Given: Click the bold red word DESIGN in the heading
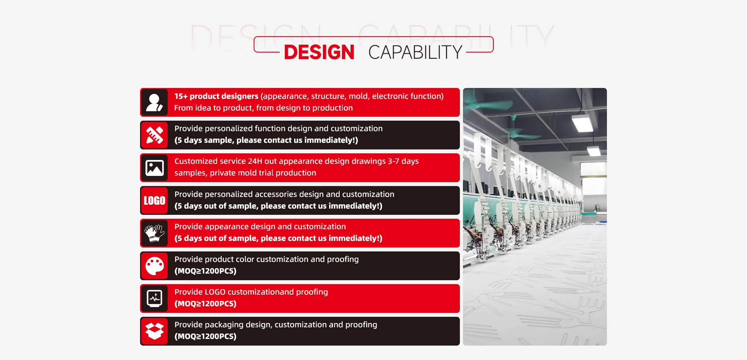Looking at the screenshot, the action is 319,52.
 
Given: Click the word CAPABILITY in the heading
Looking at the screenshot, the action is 415,52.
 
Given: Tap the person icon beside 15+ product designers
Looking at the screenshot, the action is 154,102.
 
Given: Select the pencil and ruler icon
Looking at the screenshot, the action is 154,135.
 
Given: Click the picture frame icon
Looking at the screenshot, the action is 154,168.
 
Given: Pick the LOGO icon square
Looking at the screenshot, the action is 154,200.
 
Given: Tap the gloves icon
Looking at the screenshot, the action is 154,233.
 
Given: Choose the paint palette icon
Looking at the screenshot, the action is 154,266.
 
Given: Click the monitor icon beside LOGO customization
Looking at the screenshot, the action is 154,299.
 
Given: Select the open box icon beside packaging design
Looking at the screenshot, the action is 154,331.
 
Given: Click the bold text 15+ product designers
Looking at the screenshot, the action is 216,96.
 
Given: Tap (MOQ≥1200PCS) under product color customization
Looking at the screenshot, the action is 205,271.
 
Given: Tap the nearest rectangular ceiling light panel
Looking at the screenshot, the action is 582,123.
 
